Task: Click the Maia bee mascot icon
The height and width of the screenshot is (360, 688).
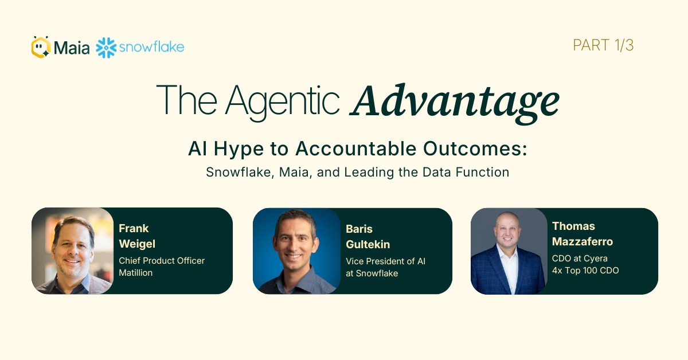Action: point(41,47)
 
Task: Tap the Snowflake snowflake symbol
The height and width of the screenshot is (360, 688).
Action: point(106,48)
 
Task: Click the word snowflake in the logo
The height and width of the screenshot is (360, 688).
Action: point(151,47)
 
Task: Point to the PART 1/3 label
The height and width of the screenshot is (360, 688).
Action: point(603,45)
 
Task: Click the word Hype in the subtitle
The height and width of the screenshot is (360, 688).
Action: point(239,149)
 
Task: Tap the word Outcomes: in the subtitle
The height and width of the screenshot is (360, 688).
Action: point(475,148)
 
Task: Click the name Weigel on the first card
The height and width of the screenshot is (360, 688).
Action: point(137,244)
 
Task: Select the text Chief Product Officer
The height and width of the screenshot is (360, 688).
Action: point(162,260)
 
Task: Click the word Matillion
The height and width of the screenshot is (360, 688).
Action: point(135,273)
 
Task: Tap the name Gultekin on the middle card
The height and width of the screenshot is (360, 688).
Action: point(368,245)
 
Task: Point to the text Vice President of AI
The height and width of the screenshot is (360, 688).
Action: point(385,261)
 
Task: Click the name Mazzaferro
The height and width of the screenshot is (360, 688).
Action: point(583,242)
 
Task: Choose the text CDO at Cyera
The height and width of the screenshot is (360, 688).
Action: point(580,259)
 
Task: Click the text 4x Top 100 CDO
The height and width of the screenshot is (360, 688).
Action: point(585,271)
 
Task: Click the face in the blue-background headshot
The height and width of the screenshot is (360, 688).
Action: point(294,242)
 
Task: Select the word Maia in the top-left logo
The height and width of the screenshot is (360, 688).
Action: point(72,48)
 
